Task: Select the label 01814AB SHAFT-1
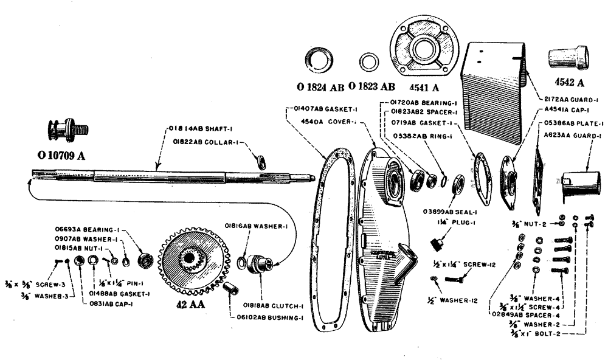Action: [x=194, y=129]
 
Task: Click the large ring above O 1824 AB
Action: [x=319, y=61]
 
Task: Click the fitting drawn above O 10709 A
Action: [x=66, y=130]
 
